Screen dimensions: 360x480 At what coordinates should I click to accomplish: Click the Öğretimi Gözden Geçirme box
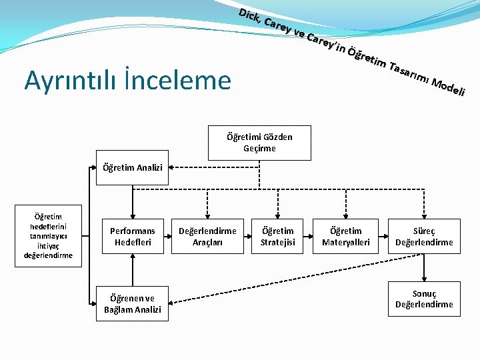(x=259, y=143)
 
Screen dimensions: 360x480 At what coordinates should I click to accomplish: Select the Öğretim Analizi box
(x=132, y=168)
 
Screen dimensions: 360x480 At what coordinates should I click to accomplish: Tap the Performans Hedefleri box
(x=132, y=237)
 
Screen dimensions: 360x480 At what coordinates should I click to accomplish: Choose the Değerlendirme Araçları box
(x=207, y=237)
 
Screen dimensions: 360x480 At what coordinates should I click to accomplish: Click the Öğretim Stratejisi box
(x=277, y=237)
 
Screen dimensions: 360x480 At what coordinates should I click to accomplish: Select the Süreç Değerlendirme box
(x=424, y=237)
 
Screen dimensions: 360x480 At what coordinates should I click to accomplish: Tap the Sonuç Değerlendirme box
(x=424, y=299)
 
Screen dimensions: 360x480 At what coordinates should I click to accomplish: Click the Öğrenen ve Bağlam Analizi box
(x=132, y=304)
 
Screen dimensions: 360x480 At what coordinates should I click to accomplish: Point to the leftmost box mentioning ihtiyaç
(x=48, y=236)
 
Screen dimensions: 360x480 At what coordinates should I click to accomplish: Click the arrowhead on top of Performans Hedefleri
(x=132, y=213)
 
